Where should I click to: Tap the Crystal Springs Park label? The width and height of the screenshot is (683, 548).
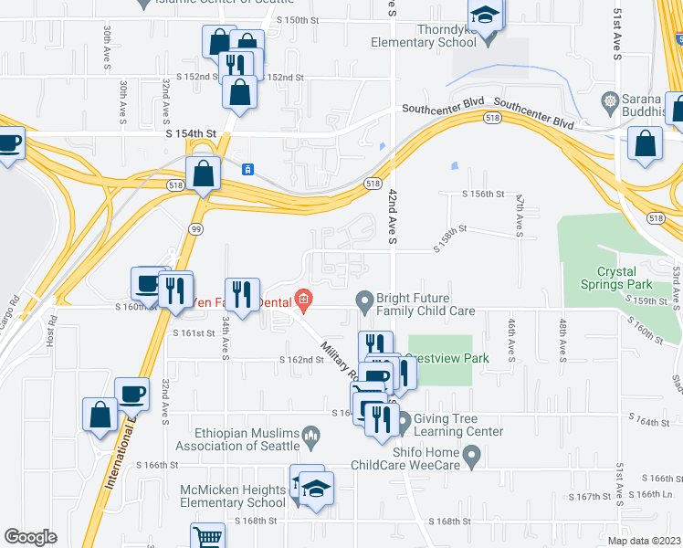[x=629, y=279]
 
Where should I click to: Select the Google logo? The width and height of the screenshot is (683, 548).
[x=30, y=537]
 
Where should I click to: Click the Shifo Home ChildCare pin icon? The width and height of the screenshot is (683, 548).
[x=471, y=454]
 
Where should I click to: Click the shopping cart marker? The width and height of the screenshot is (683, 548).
[x=208, y=537]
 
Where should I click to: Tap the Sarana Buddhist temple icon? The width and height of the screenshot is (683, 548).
[x=609, y=99]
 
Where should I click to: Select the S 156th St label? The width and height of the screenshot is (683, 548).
[x=484, y=195]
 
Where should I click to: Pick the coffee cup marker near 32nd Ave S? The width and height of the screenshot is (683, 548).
[x=132, y=395]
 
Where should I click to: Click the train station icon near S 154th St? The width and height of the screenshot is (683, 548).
[x=246, y=169]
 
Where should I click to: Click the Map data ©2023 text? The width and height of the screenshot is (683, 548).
[x=643, y=541]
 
